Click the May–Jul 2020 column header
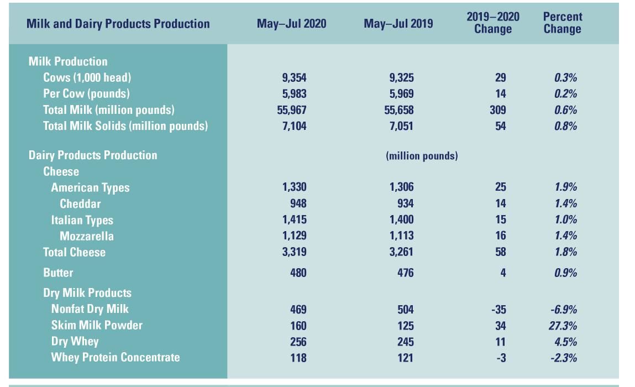click(x=291, y=24)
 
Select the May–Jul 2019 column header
click(x=398, y=24)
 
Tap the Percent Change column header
click(x=562, y=23)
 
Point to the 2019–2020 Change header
click(x=493, y=23)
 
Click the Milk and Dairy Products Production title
click(x=118, y=24)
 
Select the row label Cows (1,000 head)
click(x=87, y=77)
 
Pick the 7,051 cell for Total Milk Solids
click(x=398, y=126)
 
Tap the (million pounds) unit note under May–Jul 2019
click(x=422, y=156)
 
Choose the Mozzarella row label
click(x=87, y=236)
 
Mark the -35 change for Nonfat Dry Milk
click(x=498, y=309)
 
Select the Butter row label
click(x=58, y=273)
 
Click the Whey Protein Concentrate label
click(x=116, y=357)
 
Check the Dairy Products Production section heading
click(x=93, y=155)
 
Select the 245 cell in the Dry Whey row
click(x=404, y=341)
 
